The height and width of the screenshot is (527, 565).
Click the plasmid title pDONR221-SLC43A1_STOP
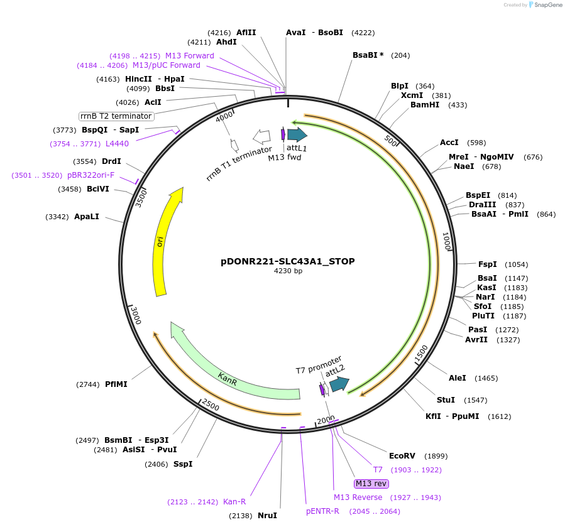[287, 261]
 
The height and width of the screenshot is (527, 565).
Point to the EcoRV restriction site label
[402, 456]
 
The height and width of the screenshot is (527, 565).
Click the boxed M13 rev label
[371, 483]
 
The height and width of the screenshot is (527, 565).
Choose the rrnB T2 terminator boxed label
[116, 116]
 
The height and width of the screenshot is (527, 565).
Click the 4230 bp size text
[288, 271]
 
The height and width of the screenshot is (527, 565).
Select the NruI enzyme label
[267, 516]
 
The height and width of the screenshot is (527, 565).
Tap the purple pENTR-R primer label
[322, 511]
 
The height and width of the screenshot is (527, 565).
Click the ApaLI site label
[87, 217]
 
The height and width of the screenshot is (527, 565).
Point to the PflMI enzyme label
[116, 384]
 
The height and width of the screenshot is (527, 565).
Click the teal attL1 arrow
[297, 134]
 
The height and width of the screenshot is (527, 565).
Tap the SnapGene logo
[546, 5]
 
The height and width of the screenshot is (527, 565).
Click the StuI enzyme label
[446, 400]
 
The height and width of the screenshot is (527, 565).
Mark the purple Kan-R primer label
[234, 502]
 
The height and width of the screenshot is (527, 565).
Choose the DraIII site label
[481, 205]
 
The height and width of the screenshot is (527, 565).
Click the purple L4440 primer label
[117, 144]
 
